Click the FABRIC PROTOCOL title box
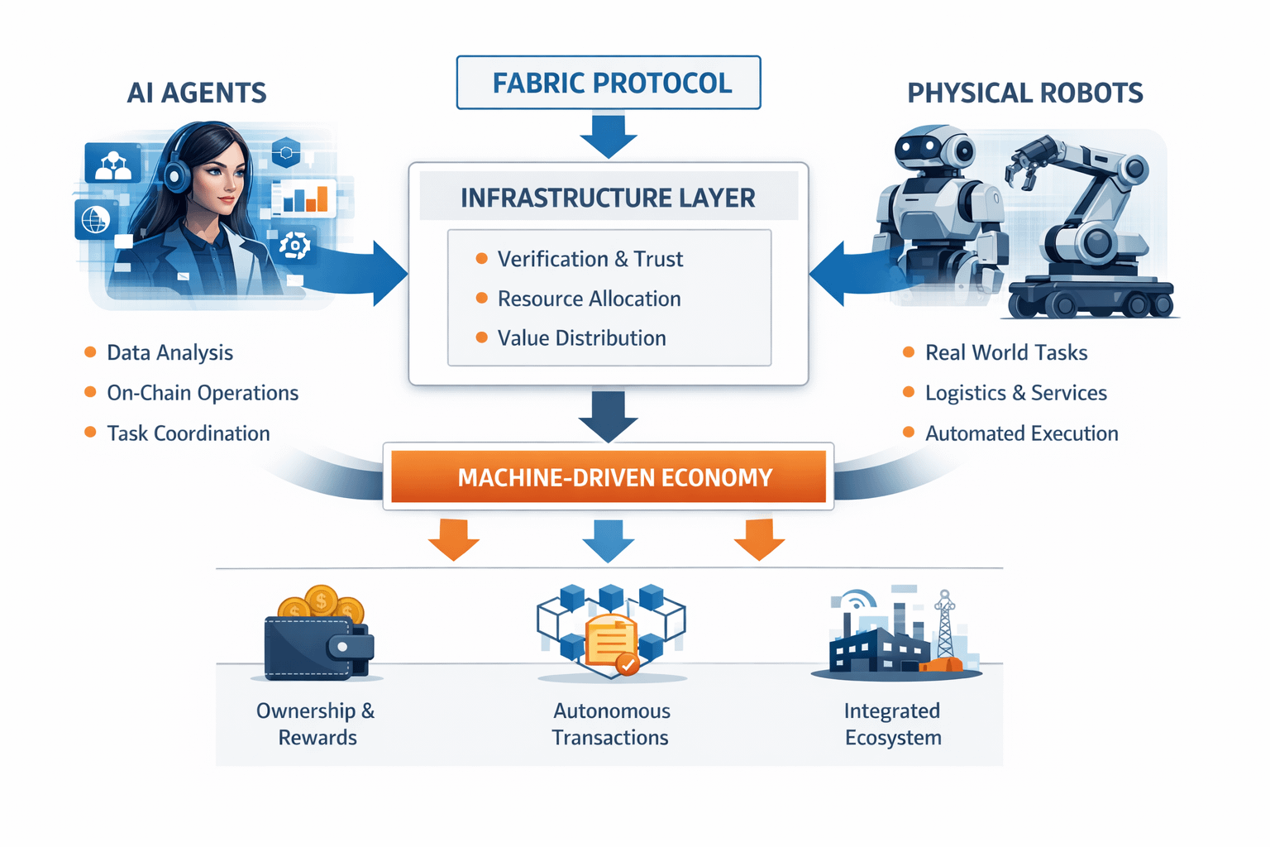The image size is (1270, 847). pyautogui.click(x=609, y=83)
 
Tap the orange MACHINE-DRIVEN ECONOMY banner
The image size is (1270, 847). pyautogui.click(x=609, y=477)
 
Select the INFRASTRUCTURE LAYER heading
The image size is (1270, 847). pyautogui.click(x=608, y=198)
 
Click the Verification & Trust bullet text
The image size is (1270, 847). pyautogui.click(x=590, y=259)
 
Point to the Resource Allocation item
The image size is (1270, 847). pyautogui.click(x=589, y=299)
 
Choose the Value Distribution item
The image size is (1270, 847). pyautogui.click(x=581, y=338)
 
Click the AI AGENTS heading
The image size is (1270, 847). pyautogui.click(x=197, y=93)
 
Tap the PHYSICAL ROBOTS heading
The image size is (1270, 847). pyautogui.click(x=1025, y=93)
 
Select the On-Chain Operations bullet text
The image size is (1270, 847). pyautogui.click(x=203, y=393)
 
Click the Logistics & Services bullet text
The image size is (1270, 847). pyautogui.click(x=1015, y=393)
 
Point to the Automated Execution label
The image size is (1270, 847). pyautogui.click(x=1021, y=433)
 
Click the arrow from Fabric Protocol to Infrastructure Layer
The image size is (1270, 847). pyautogui.click(x=609, y=136)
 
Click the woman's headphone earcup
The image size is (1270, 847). pyautogui.click(x=175, y=175)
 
